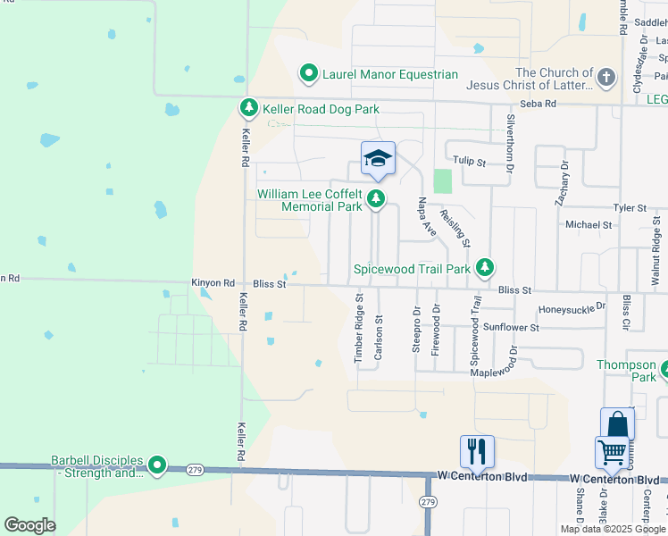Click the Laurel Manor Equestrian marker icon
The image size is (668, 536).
(x=309, y=74)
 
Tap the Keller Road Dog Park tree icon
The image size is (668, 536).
(x=249, y=109)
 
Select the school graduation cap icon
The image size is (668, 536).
(x=378, y=159)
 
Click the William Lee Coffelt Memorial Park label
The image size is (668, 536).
(x=309, y=200)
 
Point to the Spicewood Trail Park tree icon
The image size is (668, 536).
(x=485, y=267)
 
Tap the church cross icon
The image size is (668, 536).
(x=605, y=77)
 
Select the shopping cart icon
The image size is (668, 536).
(x=612, y=452)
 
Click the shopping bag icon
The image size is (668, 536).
(x=617, y=424)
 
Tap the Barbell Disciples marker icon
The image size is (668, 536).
(x=157, y=465)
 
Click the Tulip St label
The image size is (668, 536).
(x=468, y=163)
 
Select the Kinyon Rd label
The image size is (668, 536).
(x=213, y=283)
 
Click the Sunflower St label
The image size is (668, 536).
(x=511, y=328)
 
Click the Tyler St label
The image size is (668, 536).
(x=629, y=207)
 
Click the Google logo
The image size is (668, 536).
(x=30, y=525)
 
